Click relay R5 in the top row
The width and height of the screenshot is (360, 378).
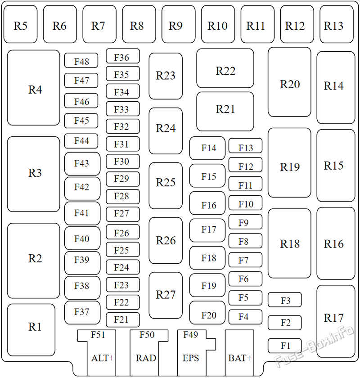click(x=21, y=24)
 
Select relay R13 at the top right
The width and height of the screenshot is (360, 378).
click(x=337, y=24)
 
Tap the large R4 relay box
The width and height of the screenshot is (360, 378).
click(x=33, y=88)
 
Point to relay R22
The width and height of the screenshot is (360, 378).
click(x=225, y=68)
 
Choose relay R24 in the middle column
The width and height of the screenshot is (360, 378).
click(x=166, y=131)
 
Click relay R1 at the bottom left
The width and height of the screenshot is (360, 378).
click(x=31, y=330)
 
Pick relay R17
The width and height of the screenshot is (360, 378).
click(x=336, y=321)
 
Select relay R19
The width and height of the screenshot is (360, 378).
click(x=289, y=163)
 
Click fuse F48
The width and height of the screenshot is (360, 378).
click(x=81, y=60)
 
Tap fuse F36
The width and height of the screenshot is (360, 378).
click(x=123, y=56)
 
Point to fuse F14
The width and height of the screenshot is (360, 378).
click(x=207, y=148)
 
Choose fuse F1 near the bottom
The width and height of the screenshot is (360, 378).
click(x=285, y=346)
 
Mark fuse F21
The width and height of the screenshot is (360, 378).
click(x=123, y=320)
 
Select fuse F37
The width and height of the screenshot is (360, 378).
click(x=82, y=313)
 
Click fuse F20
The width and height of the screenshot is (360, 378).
click(x=207, y=313)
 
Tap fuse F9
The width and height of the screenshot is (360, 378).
click(x=245, y=222)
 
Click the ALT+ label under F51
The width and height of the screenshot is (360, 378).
click(x=103, y=358)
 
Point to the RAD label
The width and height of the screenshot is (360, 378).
click(x=146, y=358)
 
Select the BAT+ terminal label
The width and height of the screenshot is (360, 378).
click(x=240, y=358)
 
